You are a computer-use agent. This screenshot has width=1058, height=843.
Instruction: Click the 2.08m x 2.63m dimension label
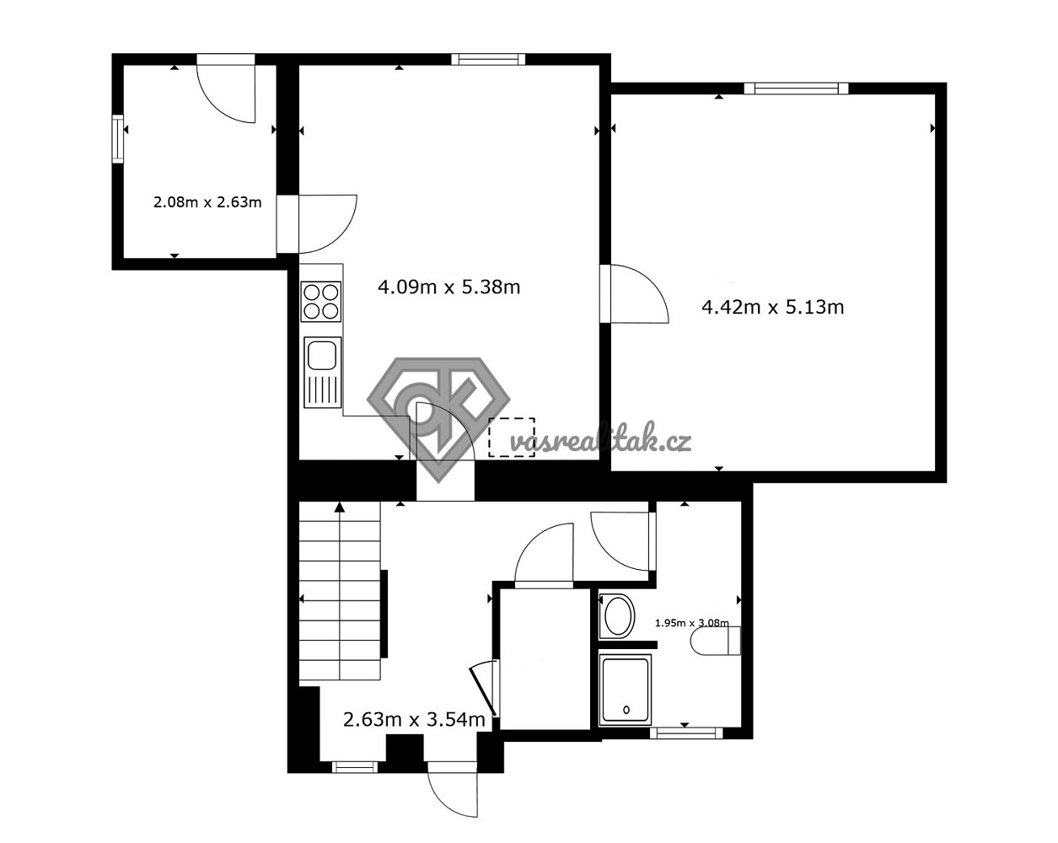(x=207, y=202)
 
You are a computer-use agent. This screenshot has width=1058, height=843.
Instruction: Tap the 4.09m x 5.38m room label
(x=448, y=287)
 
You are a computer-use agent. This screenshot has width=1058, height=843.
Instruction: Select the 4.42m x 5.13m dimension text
(x=772, y=307)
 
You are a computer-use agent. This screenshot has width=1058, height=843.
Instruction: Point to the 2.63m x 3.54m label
(x=414, y=720)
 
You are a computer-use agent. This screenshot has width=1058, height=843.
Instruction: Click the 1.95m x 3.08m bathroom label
(x=692, y=623)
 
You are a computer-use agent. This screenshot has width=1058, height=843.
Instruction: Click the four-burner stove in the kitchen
(x=321, y=302)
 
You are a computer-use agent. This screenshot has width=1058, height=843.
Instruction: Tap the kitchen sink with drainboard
(x=323, y=372)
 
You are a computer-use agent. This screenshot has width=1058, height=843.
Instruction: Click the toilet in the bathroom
(x=716, y=642)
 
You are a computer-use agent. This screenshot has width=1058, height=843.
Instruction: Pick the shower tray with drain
(x=626, y=690)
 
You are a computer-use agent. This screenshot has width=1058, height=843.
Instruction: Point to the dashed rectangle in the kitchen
(x=512, y=437)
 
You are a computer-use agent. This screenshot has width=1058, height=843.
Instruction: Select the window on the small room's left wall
(x=117, y=138)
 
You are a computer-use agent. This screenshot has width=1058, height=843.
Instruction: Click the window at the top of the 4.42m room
(x=796, y=89)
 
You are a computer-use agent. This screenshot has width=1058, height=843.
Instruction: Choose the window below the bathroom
(x=686, y=733)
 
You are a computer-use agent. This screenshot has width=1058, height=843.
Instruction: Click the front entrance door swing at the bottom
(x=453, y=789)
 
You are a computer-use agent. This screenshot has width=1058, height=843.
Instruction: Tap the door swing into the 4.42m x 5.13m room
(x=634, y=294)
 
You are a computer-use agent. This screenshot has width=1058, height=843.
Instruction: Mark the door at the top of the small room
(x=226, y=89)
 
